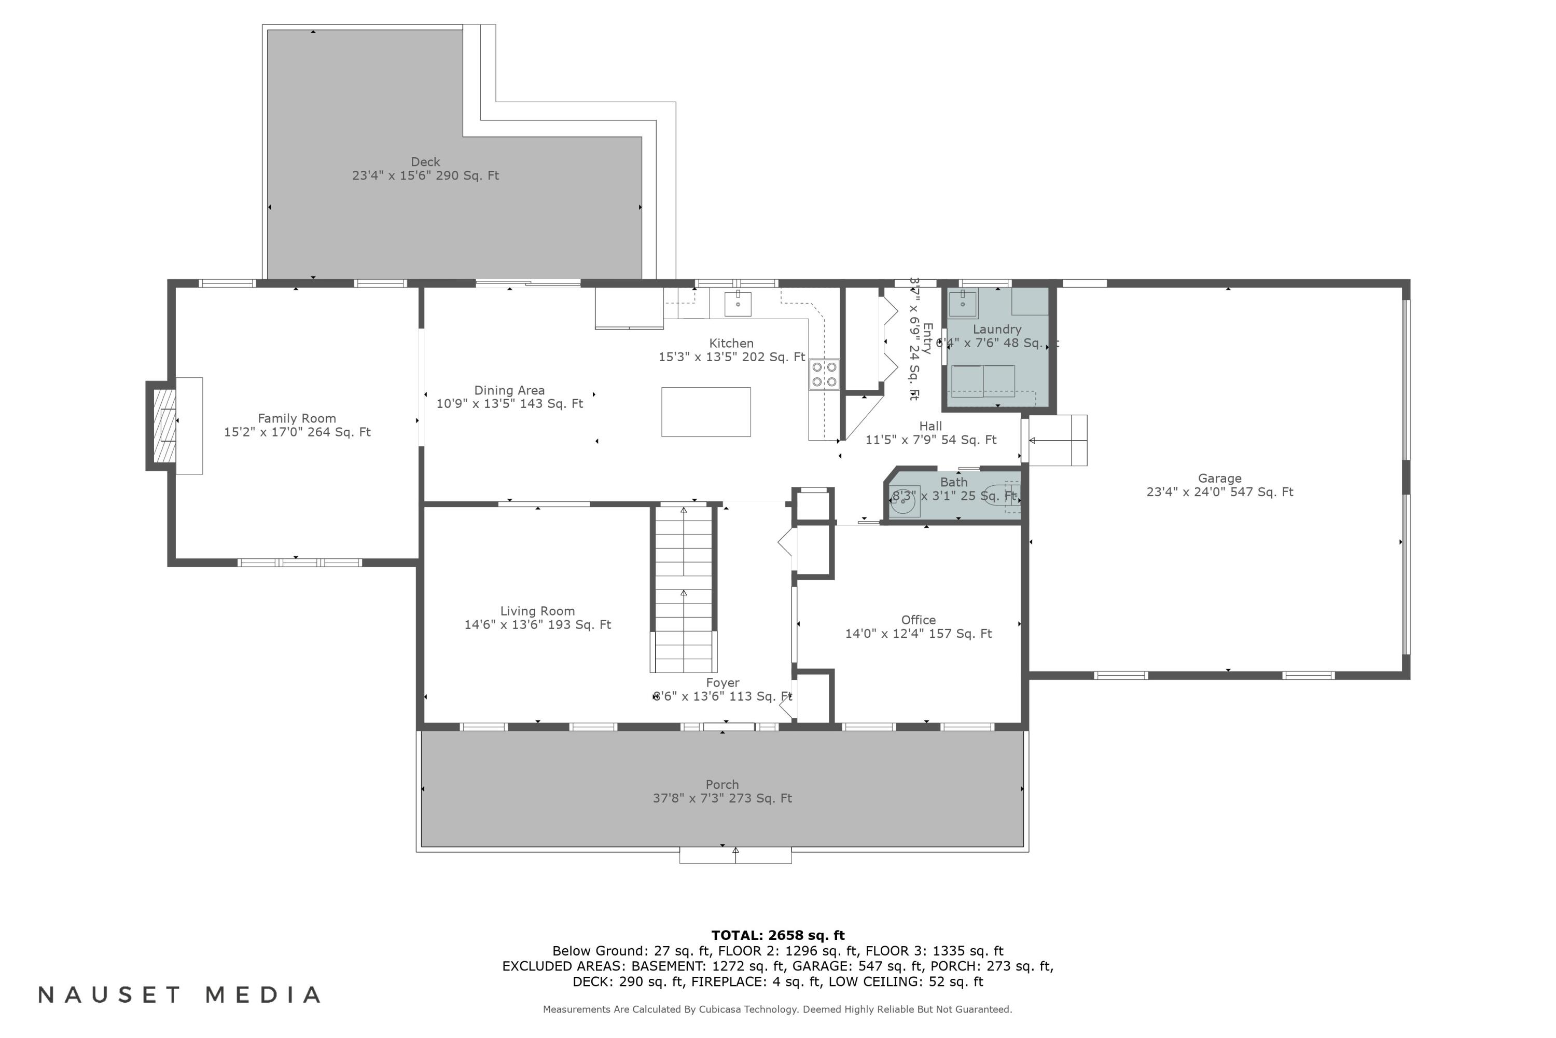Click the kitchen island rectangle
[706, 412]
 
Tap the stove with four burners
[824, 374]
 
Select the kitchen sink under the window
[738, 304]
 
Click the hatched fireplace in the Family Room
[164, 426]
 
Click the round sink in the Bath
[903, 501]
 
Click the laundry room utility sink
[963, 304]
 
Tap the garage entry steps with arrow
[1057, 440]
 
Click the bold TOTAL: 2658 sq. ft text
[778, 935]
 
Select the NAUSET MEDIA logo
[180, 994]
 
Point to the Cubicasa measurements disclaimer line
[777, 1009]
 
